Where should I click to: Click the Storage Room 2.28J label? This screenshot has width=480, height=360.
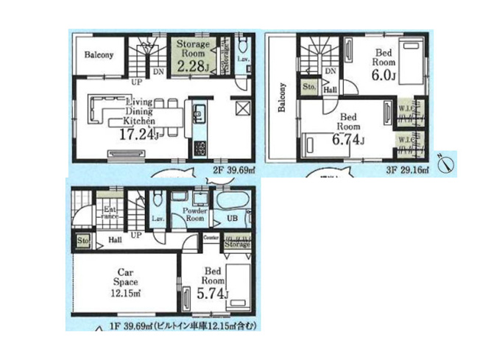[193, 57]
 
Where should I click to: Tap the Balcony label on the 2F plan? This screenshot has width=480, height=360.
[98, 55]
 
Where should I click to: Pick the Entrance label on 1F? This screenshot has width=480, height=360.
[110, 213]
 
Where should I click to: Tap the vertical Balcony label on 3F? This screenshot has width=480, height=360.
[281, 100]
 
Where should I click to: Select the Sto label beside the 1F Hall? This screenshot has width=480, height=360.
[81, 240]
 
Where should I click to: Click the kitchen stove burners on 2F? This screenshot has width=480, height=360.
[198, 148]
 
